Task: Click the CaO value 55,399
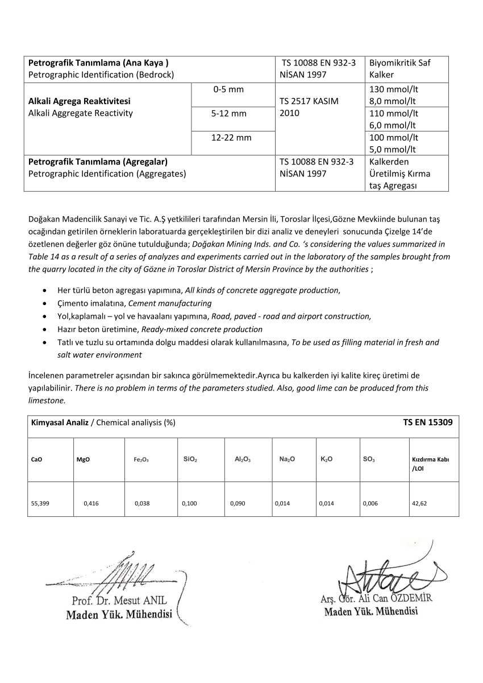[40, 504]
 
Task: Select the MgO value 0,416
[91, 504]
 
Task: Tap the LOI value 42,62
[419, 504]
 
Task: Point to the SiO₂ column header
[190, 459]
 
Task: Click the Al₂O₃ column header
[243, 459]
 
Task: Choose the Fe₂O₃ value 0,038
[142, 504]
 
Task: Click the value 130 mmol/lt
[394, 89]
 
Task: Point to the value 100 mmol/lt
[394, 137]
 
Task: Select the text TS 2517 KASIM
[309, 101]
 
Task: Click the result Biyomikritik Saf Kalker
[399, 68]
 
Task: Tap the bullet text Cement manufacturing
[170, 303]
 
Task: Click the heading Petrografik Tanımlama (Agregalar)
[98, 162]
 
